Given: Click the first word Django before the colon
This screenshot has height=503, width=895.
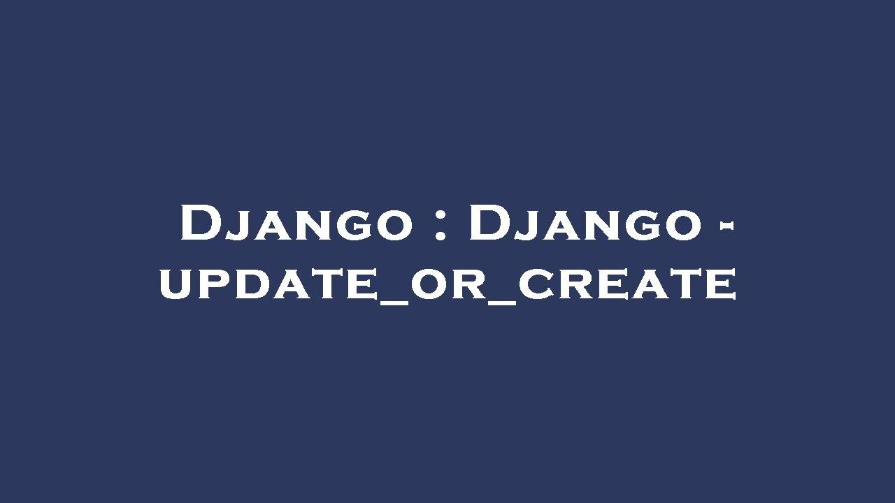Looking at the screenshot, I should point(296,224).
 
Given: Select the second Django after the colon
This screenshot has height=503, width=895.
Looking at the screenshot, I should point(585,224).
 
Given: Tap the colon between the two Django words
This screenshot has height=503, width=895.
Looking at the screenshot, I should point(440,225).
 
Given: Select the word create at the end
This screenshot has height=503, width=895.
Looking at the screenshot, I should point(627,284).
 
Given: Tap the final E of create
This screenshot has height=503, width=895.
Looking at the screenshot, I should point(719,284).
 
